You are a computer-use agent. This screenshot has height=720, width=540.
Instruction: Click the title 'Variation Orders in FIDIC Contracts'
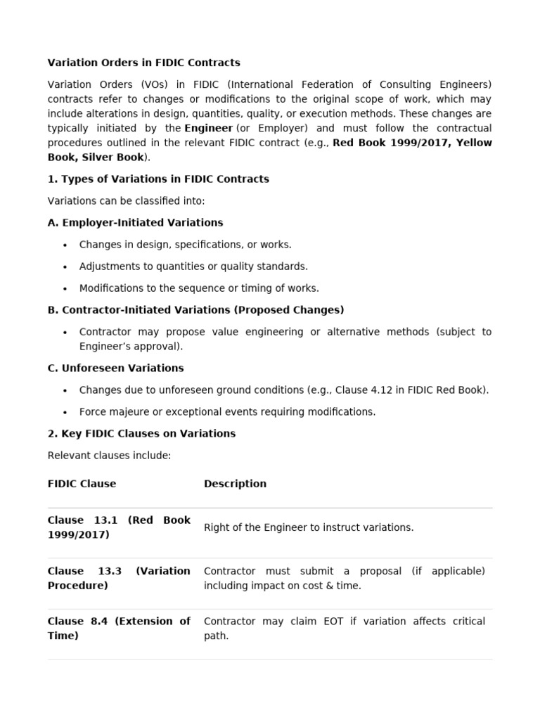143,63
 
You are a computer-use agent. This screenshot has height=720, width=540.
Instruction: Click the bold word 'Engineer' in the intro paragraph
208,128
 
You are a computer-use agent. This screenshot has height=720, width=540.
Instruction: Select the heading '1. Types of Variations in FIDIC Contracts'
158,179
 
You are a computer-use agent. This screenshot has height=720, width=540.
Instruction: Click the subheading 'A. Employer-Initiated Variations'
135,223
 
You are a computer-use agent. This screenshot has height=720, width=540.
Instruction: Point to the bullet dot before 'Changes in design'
65,245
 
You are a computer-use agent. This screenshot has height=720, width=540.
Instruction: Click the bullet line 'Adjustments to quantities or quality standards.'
193,266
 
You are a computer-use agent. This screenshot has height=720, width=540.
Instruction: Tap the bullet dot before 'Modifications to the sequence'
65,288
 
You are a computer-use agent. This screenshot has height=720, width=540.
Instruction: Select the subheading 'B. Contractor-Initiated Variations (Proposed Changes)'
195,310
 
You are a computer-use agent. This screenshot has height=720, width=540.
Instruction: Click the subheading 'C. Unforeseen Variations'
115,368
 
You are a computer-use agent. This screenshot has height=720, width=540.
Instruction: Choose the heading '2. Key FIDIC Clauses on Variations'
141,434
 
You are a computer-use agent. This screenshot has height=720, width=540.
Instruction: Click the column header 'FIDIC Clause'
82,484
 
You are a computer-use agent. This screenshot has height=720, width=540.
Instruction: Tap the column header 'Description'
235,484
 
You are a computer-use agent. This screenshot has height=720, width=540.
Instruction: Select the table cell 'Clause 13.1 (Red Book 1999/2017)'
119,527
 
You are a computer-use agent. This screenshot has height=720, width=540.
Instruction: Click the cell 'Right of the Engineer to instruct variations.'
309,527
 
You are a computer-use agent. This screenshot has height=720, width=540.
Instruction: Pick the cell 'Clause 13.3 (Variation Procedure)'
119,578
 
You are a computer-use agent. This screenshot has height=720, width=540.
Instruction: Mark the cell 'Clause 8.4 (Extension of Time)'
119,629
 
